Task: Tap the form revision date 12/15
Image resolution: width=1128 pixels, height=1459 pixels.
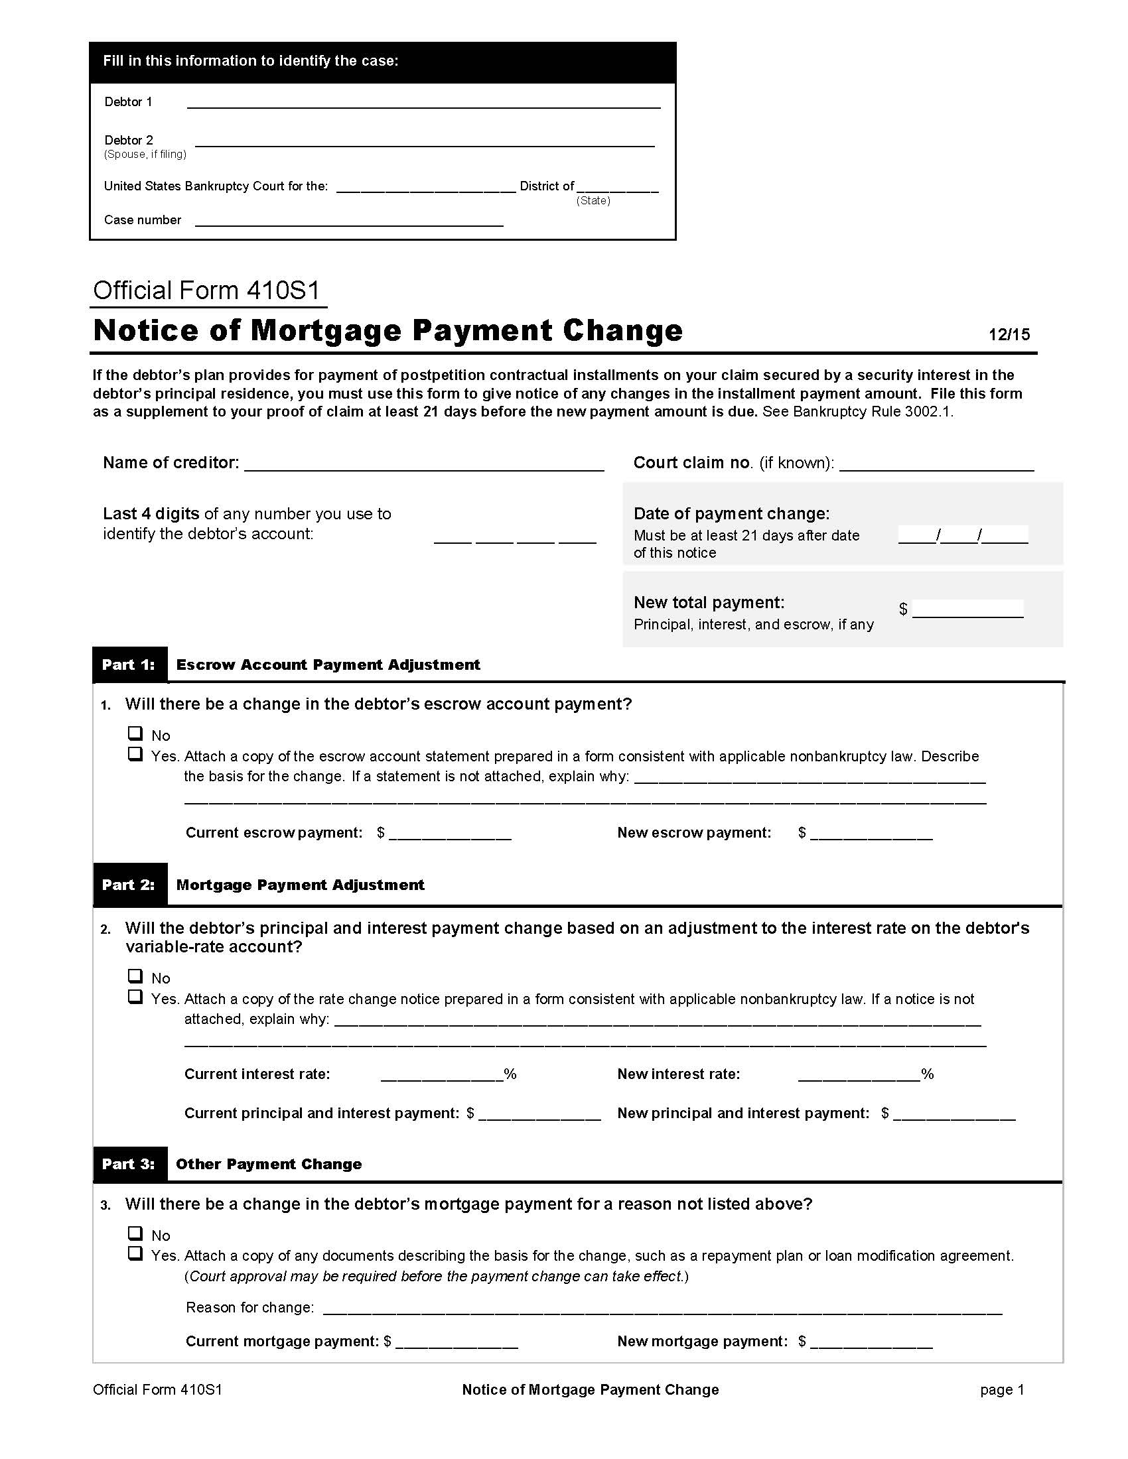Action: click(1009, 335)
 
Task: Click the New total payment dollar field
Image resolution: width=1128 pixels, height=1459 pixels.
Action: click(967, 609)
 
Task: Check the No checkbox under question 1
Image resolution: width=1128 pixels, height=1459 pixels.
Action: click(135, 733)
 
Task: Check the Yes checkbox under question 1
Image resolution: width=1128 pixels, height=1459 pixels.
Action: click(135, 754)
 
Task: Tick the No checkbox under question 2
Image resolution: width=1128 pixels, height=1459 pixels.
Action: click(135, 976)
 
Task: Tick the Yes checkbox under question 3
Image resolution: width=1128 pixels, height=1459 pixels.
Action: click(135, 1253)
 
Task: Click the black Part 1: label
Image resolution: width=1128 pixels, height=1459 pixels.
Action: click(129, 665)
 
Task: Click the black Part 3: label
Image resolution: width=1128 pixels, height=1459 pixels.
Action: click(129, 1164)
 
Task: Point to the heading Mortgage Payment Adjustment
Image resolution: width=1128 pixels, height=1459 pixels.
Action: click(300, 885)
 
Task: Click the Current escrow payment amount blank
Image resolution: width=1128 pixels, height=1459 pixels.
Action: click(450, 833)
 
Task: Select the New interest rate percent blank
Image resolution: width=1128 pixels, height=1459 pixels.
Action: click(859, 1074)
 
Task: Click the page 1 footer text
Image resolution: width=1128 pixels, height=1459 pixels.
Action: click(1001, 1389)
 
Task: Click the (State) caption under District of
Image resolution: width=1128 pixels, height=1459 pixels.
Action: click(593, 201)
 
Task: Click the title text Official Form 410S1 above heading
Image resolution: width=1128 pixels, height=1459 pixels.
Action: click(206, 290)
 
